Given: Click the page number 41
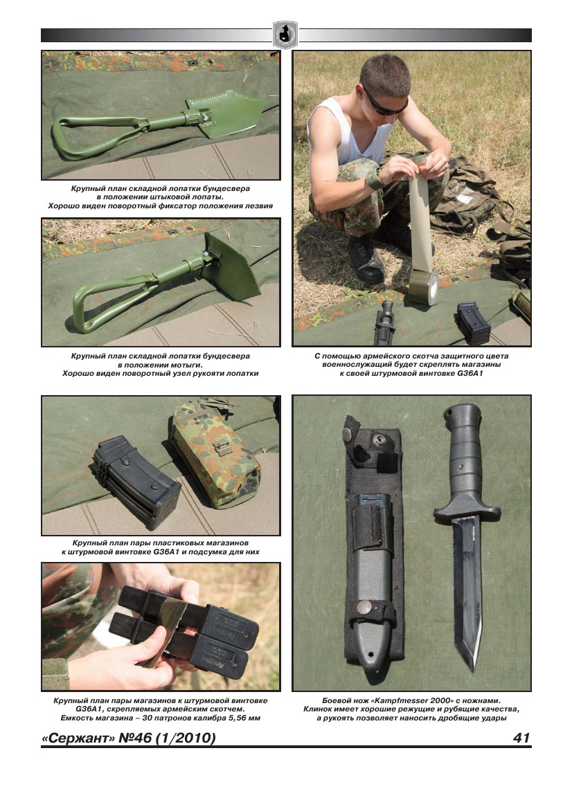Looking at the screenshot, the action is tap(521, 737).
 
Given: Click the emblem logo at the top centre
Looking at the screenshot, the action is tap(286, 35).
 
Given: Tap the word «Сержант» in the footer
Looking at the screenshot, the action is tap(78, 738).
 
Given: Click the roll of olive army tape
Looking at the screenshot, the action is tap(423, 289).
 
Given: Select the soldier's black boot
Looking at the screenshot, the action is tap(366, 259).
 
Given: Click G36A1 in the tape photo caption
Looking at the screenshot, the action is tap(470, 373).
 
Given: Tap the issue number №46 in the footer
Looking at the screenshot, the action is tap(136, 738).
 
